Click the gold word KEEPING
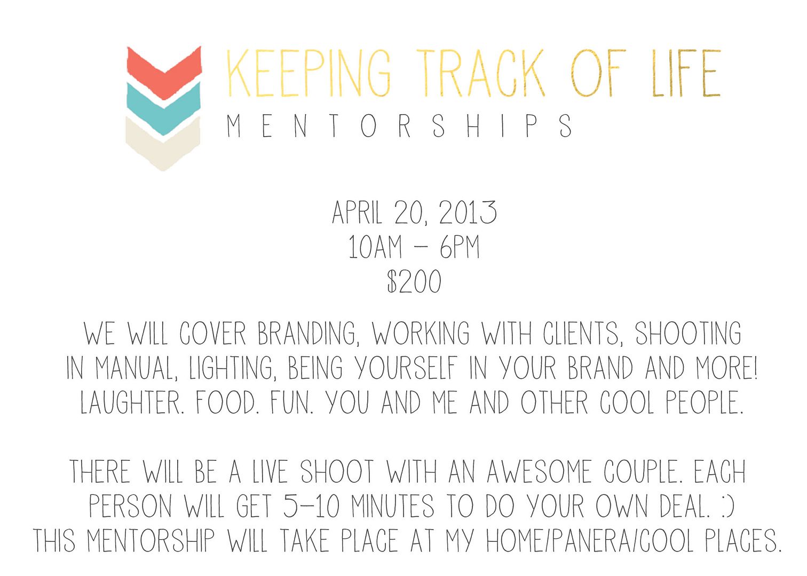308,73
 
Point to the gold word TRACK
480,73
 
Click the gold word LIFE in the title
686,73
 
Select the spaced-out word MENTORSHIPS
399,126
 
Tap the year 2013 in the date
468,212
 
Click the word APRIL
357,212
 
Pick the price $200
414,281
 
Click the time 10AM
375,247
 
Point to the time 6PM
460,247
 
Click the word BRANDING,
308,334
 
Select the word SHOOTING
688,333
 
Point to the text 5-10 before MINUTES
311,506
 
